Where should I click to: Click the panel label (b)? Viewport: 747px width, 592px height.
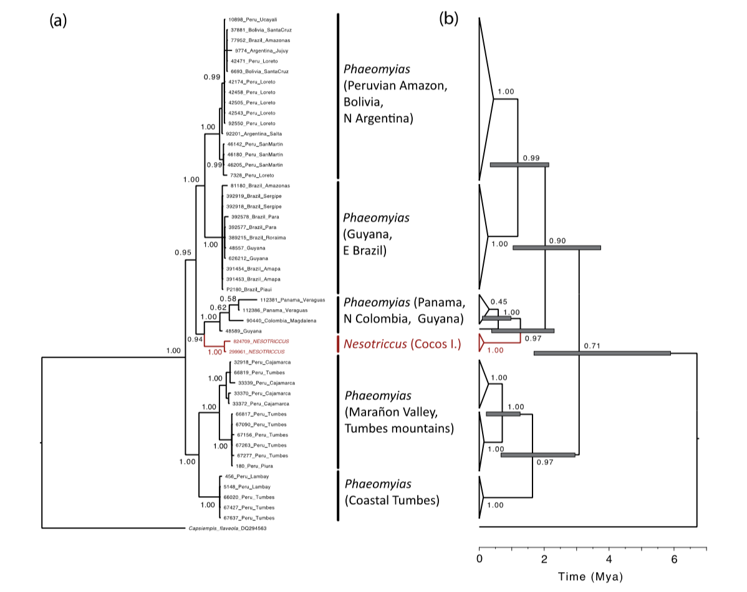(448, 19)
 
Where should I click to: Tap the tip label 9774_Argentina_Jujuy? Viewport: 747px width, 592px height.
(254, 50)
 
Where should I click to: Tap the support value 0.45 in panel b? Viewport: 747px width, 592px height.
(499, 301)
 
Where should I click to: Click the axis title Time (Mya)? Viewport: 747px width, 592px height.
(589, 577)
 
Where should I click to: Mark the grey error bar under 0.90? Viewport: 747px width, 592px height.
(556, 247)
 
